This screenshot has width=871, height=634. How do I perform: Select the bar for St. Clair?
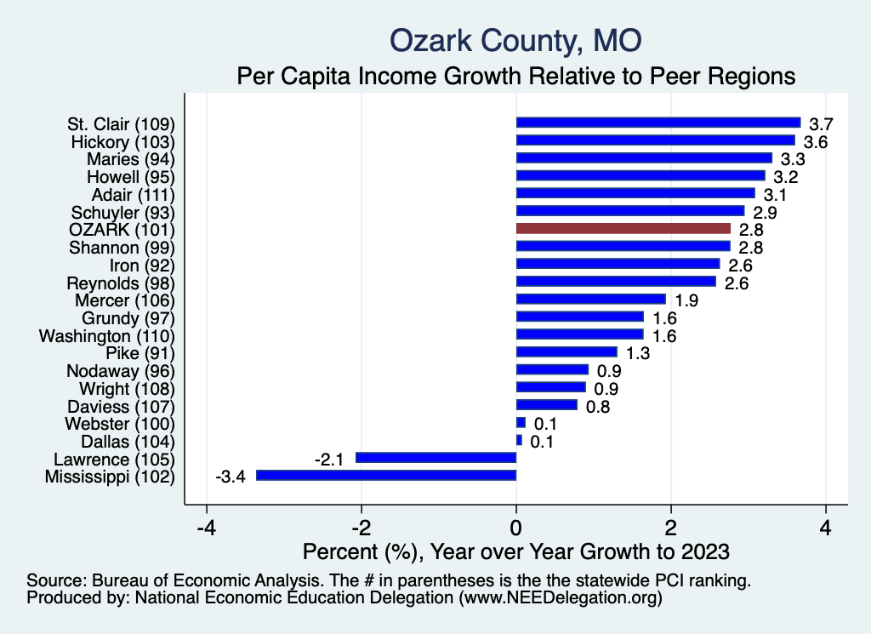(658, 123)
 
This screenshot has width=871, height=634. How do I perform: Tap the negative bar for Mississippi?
(386, 475)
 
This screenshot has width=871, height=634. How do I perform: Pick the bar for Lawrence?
(435, 457)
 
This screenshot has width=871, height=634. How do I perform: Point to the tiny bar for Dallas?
(519, 440)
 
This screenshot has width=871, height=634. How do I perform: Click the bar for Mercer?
(590, 299)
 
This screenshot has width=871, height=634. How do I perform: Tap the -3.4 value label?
(230, 476)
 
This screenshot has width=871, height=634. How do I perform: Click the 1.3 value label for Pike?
(639, 352)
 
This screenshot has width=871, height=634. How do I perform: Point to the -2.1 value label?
(329, 458)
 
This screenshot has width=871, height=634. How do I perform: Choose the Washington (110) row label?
(106, 335)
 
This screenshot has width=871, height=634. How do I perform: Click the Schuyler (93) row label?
(120, 211)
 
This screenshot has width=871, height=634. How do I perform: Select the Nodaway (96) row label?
(120, 370)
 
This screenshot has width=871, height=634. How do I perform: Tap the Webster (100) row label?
(119, 423)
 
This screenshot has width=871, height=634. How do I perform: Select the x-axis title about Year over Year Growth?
(516, 551)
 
